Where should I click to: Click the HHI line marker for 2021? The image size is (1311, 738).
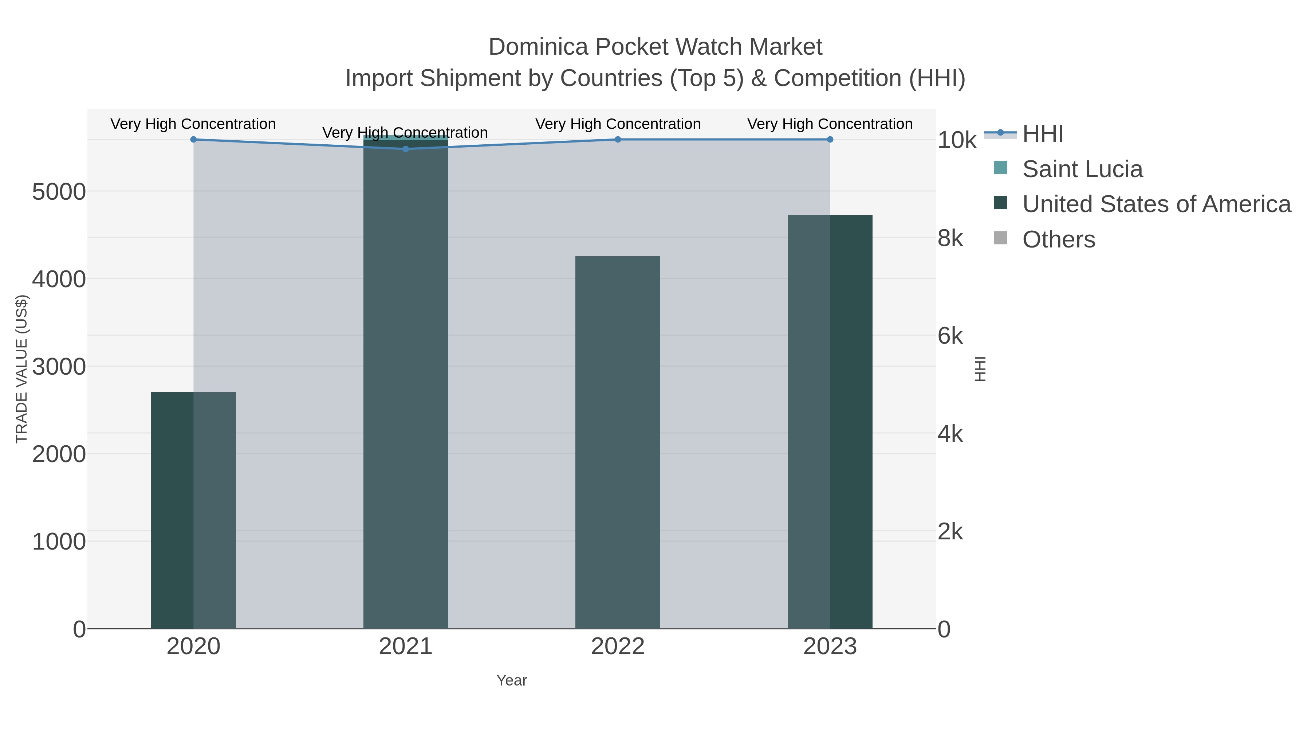point(406,149)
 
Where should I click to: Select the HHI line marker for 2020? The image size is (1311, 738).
point(193,140)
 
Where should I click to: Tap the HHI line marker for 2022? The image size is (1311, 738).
point(618,140)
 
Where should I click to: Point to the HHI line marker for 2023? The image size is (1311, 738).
point(830,140)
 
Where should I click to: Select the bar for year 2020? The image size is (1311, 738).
point(193,510)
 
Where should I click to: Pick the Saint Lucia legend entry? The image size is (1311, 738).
point(1082,169)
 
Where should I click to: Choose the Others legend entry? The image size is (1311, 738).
point(1059,239)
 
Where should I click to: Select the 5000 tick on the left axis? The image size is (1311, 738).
point(59,192)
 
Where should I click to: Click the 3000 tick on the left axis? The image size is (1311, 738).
point(59,367)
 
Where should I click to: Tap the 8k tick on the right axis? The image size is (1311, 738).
point(950,238)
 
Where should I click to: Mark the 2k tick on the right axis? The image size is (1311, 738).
point(950,532)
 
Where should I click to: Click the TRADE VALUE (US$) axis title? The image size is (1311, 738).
point(22,369)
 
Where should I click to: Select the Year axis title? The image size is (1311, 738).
point(512,680)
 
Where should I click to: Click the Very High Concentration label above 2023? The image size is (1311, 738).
point(830,124)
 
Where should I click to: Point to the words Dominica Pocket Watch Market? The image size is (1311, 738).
point(655,47)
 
